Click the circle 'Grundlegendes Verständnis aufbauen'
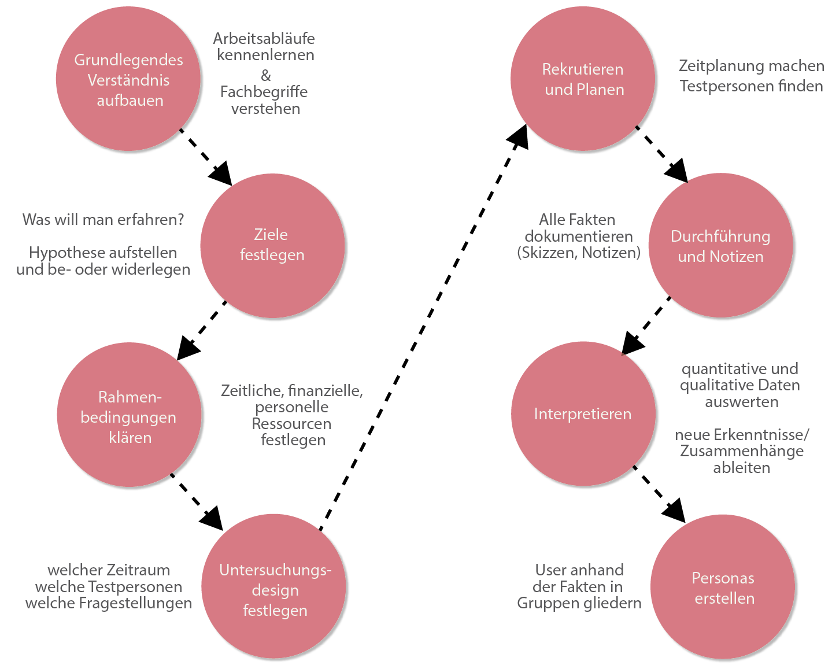[128, 79]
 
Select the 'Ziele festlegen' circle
[272, 246]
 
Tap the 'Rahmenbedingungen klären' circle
[129, 415]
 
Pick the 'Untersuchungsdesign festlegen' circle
[274, 586]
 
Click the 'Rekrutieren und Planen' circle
[583, 79]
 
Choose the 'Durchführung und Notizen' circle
[720, 246]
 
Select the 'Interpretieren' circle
[583, 414]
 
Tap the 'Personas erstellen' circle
[723, 587]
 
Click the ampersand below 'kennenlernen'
[266, 75]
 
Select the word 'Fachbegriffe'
[264, 92]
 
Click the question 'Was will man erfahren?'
[103, 220]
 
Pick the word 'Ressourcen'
[291, 424]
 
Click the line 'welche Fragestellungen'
[109, 603]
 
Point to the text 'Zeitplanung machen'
[751, 66]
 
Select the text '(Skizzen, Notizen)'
[579, 253]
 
